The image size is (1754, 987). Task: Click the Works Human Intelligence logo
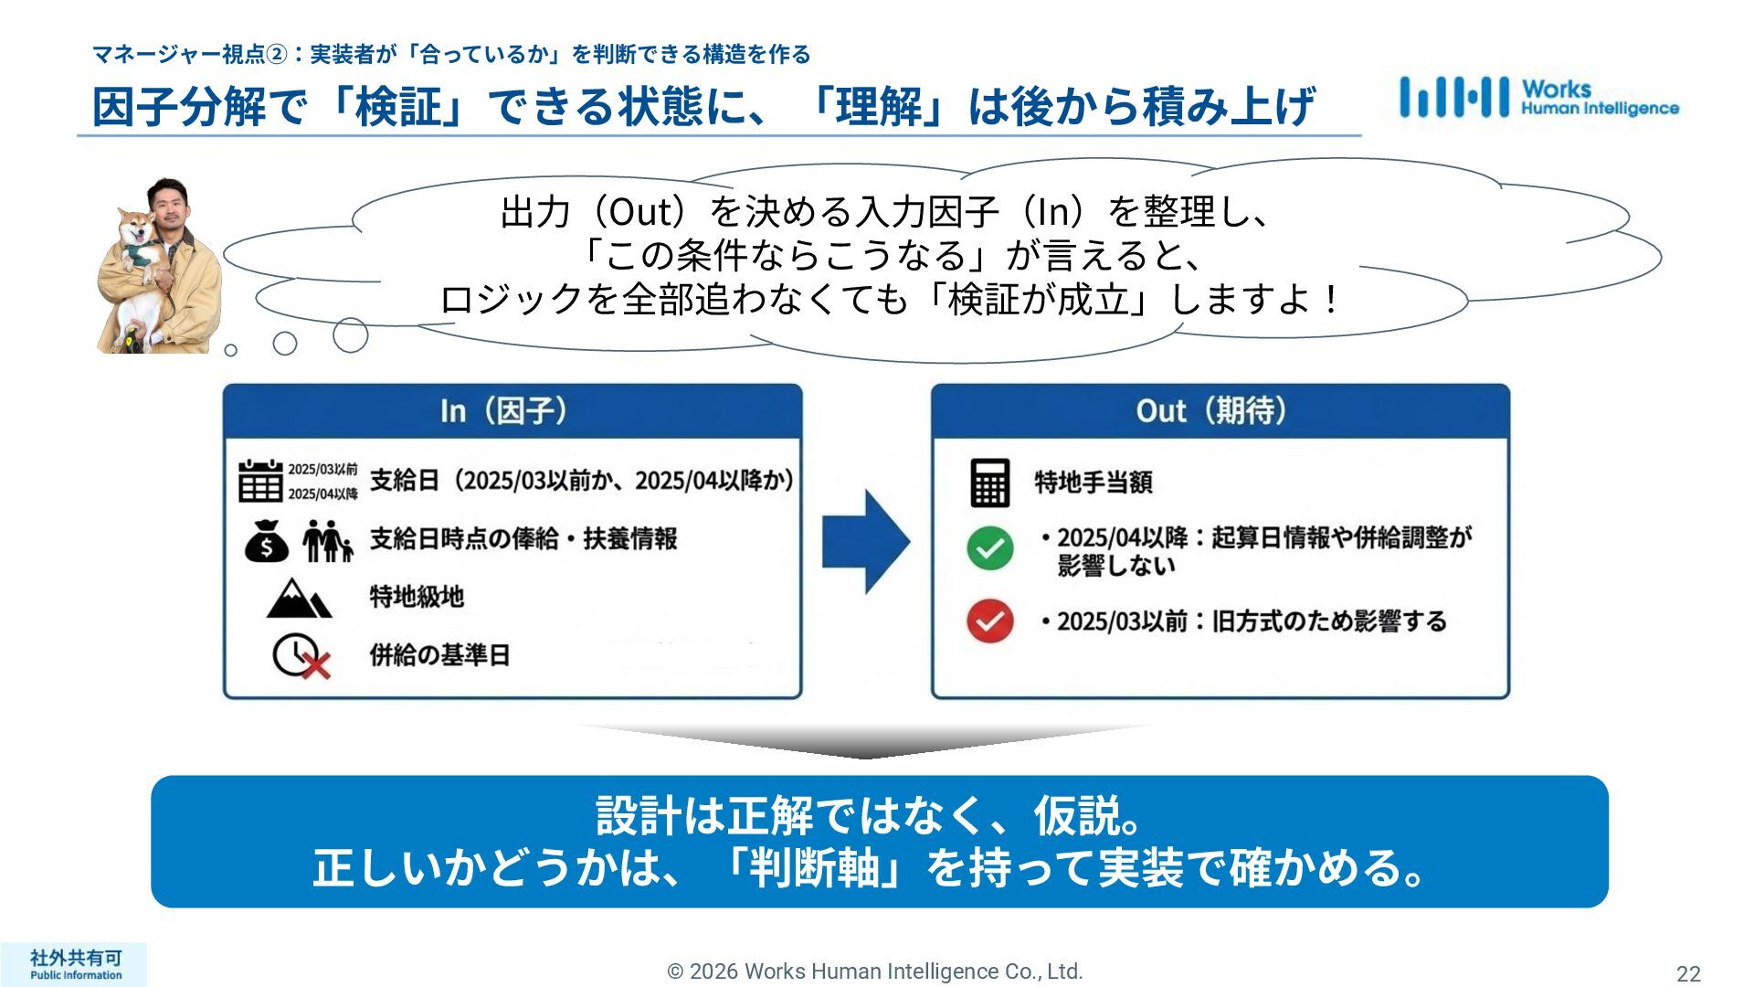point(1538,97)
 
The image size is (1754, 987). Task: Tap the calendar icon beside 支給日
point(260,481)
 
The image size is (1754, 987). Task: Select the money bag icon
point(266,540)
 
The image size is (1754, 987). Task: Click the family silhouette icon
point(326,540)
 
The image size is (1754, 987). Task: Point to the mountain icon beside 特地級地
point(298,599)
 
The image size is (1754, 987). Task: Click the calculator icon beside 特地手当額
point(989,482)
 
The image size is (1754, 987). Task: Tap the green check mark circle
point(989,548)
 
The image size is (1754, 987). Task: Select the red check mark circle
point(989,621)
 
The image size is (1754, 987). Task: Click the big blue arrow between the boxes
point(865,541)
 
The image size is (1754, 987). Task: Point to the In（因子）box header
point(512,411)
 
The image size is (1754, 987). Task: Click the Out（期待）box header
point(1220,411)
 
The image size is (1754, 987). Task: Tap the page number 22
point(1688,973)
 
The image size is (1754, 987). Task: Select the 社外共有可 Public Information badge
point(75,964)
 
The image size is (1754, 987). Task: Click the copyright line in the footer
point(874,971)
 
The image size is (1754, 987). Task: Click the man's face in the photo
point(173,209)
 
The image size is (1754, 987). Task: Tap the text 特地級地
point(417,597)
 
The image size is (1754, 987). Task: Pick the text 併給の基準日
point(439,655)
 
